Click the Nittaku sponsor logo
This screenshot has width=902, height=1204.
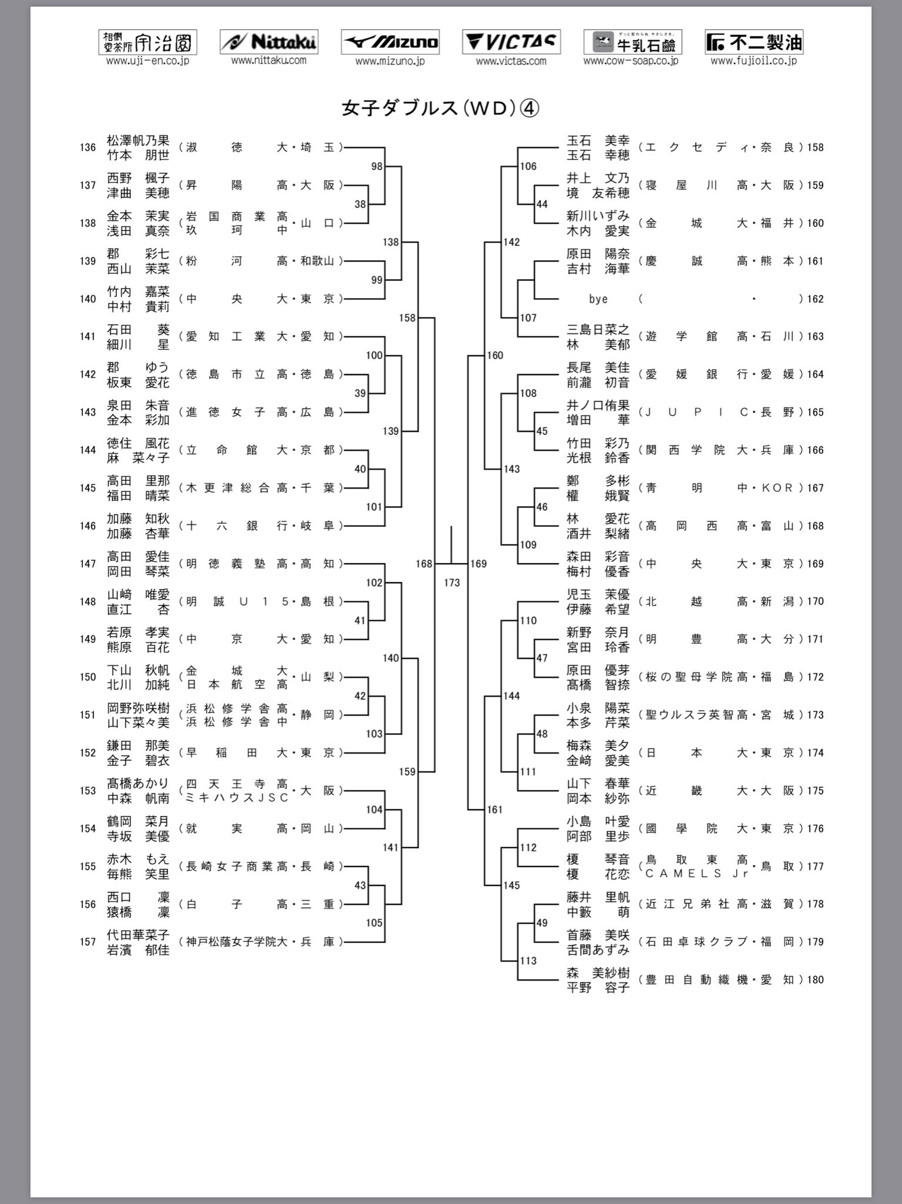point(269,42)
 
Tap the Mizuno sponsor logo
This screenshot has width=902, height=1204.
point(390,42)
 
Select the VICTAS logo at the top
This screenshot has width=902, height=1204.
point(511,42)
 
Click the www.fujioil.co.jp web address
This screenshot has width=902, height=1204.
point(753,61)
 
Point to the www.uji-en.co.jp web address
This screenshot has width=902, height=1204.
point(147,61)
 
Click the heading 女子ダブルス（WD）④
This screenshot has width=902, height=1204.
point(440,108)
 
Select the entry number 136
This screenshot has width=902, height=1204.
point(88,148)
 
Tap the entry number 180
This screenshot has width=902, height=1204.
point(815,979)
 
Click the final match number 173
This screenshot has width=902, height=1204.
point(451,583)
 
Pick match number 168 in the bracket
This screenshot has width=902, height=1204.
point(424,564)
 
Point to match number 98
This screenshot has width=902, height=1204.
point(377,166)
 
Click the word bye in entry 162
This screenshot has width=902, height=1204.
point(598,299)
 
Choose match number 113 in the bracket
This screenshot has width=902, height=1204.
point(528,961)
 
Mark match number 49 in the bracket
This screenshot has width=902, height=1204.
point(542,922)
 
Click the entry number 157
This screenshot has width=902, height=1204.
point(88,942)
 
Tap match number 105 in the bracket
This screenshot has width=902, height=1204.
point(374,922)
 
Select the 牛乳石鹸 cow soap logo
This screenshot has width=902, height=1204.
point(632,42)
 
